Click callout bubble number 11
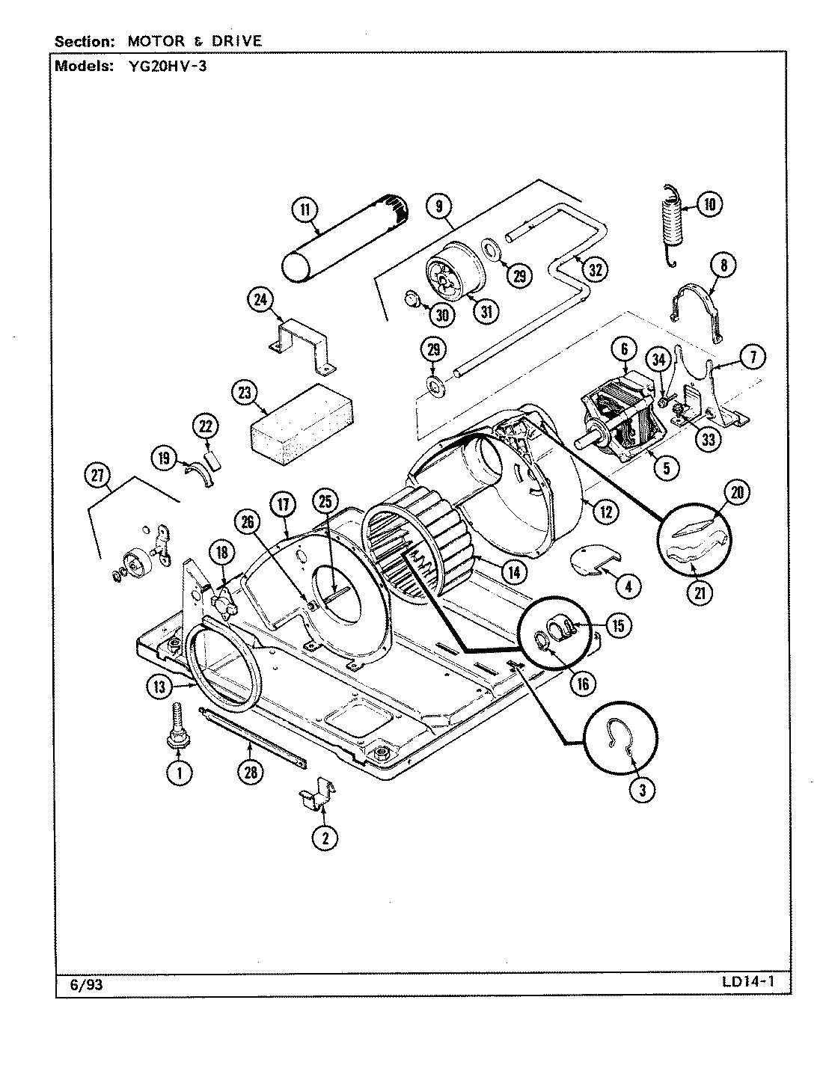[x=304, y=209]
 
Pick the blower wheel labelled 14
[x=419, y=542]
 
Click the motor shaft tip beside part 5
[x=581, y=440]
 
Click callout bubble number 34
[x=658, y=360]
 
